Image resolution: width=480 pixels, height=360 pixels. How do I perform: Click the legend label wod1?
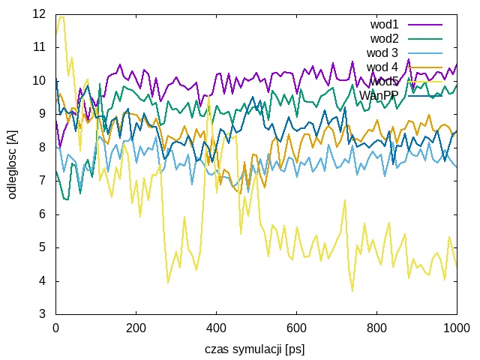coord(384,24)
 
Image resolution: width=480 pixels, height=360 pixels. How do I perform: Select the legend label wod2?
coord(384,38)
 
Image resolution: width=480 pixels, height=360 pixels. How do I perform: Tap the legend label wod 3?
coord(382,52)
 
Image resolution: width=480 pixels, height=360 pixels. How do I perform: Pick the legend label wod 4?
coord(382,67)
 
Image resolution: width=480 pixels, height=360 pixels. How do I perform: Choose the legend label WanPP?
coord(379,95)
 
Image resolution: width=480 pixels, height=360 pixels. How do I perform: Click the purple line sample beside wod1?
coord(425,24)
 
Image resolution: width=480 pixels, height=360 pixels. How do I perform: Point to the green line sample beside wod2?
coord(425,38)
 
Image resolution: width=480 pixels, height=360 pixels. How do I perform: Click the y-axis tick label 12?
coord(40,13)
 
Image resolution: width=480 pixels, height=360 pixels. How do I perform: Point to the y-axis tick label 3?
coord(43,314)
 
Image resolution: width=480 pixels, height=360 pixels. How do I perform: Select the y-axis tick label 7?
coord(43,181)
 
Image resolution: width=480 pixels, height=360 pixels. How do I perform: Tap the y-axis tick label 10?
coord(40,80)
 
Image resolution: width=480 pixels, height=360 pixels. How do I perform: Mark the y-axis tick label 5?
coord(43,247)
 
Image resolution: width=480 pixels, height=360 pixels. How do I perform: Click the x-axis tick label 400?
coord(216,328)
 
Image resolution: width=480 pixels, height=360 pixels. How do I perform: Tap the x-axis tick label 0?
coord(55,328)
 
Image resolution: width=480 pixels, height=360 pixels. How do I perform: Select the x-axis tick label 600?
coord(296,328)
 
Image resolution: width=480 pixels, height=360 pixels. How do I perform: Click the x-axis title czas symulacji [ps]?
coord(255,349)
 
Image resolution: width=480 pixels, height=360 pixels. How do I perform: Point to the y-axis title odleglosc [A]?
coord(12,163)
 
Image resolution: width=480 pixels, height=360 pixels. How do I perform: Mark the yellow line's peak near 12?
coord(61,16)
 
